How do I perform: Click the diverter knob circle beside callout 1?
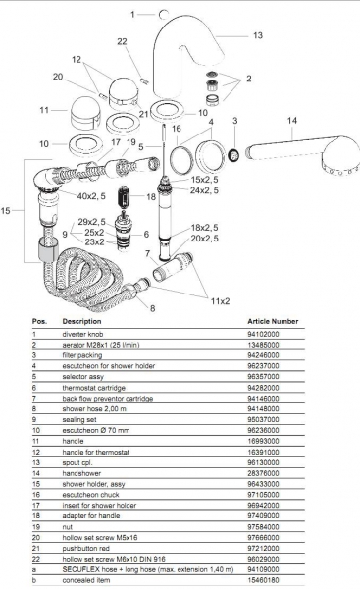click(x=164, y=15)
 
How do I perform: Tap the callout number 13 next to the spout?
click(x=258, y=35)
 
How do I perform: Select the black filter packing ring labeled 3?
click(x=234, y=155)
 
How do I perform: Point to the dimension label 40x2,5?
click(x=91, y=195)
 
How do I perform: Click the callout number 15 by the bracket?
click(x=5, y=210)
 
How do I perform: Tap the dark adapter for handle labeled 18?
click(x=124, y=196)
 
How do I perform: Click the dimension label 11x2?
click(x=220, y=301)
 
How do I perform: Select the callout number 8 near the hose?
click(x=152, y=308)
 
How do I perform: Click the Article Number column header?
click(x=273, y=321)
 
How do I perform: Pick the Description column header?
click(x=81, y=321)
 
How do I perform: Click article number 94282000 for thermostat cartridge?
click(x=263, y=388)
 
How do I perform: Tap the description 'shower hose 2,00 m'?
click(x=94, y=408)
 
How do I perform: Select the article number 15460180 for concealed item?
click(x=263, y=580)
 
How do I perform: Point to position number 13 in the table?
click(x=36, y=462)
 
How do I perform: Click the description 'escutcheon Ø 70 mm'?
click(x=96, y=430)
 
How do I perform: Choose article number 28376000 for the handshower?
click(x=263, y=473)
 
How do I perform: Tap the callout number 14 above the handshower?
click(x=292, y=121)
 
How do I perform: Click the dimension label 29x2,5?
click(x=91, y=222)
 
